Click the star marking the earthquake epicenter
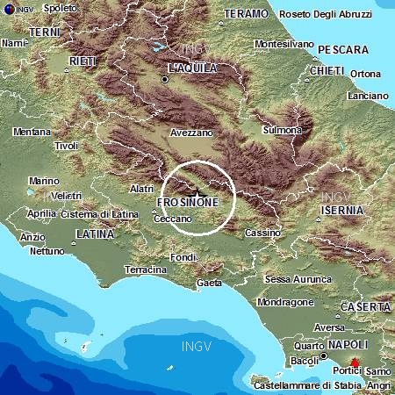(x=199, y=193)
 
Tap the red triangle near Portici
(x=355, y=363)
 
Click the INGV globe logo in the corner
(x=9, y=9)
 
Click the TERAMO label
(x=246, y=15)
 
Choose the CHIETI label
(x=327, y=69)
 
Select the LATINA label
(x=95, y=234)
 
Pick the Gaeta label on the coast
(x=210, y=283)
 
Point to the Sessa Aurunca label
(x=294, y=279)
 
